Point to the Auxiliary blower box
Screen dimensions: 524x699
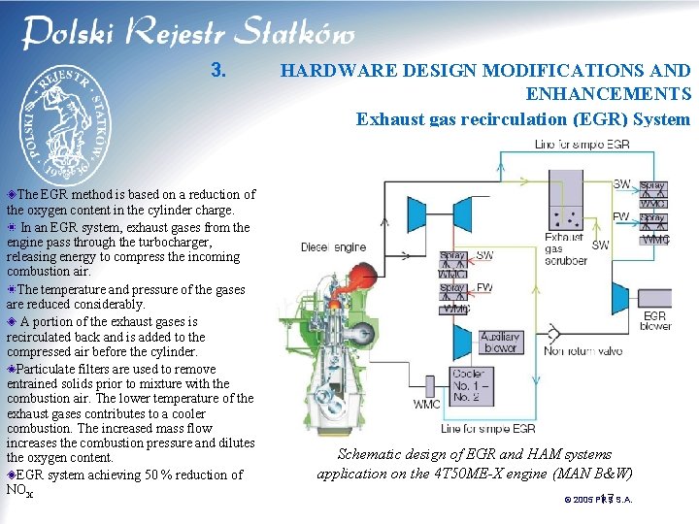click(501, 343)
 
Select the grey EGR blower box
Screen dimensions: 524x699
click(656, 320)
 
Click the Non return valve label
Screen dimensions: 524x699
click(582, 351)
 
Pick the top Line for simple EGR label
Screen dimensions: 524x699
click(582, 145)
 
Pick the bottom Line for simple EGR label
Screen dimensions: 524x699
click(487, 428)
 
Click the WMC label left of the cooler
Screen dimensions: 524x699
click(426, 404)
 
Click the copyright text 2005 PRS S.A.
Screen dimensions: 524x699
click(598, 500)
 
